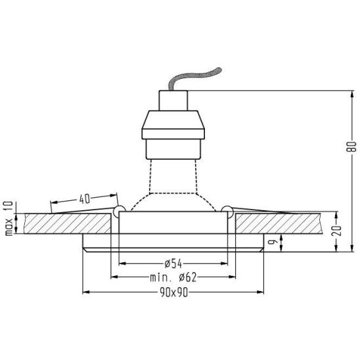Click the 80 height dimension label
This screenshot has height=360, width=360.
pyautogui.click(x=351, y=146)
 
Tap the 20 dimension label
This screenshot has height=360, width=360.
pyautogui.click(x=336, y=231)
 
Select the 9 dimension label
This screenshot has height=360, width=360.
pyautogui.click(x=273, y=242)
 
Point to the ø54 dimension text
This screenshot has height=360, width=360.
pyautogui.click(x=173, y=264)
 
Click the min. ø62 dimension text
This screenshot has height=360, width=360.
pyautogui.click(x=173, y=278)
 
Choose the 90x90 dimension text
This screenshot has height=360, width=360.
pyautogui.click(x=174, y=292)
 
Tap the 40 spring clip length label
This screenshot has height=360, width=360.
pyautogui.click(x=85, y=198)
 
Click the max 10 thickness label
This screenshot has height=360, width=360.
pyautogui.click(x=9, y=218)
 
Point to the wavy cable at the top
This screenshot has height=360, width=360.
pyautogui.click(x=194, y=78)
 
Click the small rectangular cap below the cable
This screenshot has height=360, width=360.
pyautogui.click(x=173, y=101)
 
